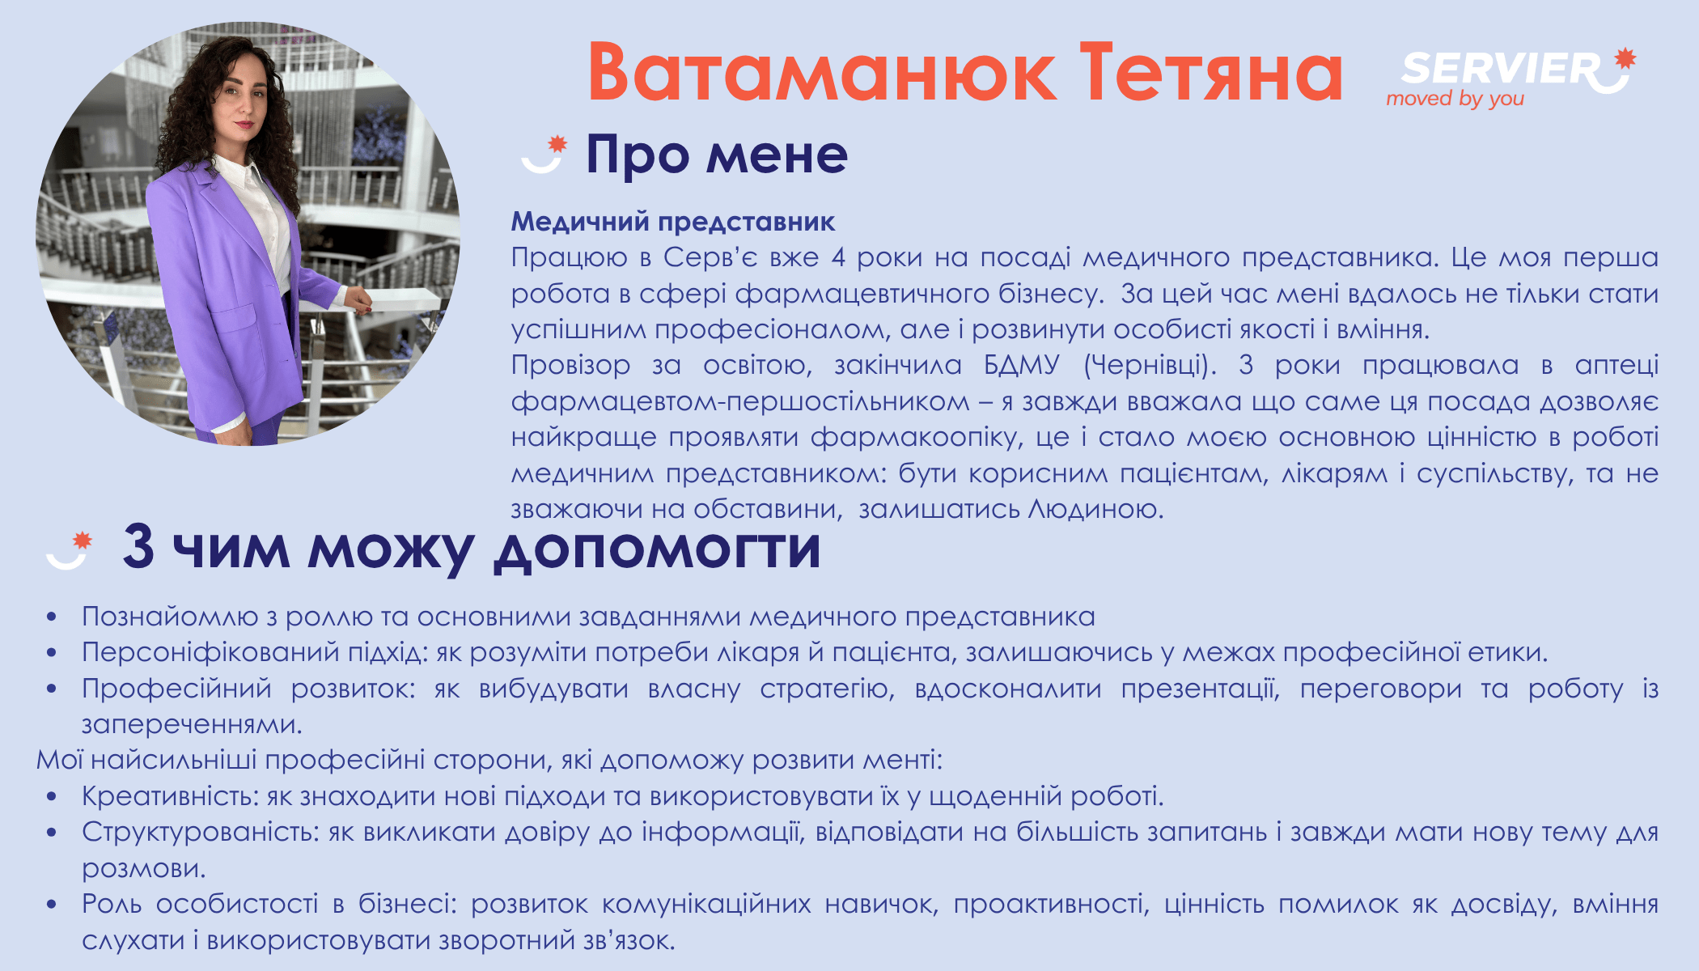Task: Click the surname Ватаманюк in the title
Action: coord(822,73)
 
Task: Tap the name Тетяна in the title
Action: coord(1211,73)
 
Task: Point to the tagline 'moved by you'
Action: coord(1455,99)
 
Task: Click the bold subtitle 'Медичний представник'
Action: coord(673,222)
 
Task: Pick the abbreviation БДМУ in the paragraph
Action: coord(1021,365)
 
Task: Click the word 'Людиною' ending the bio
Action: coord(1095,509)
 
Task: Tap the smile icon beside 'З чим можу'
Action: coord(70,550)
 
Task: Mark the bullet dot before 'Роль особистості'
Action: coord(52,905)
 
